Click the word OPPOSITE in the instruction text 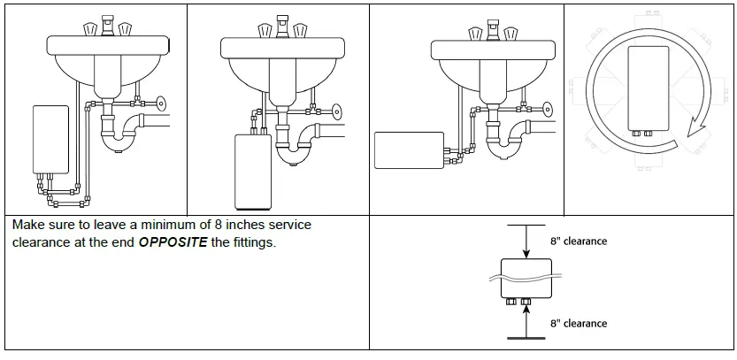pyautogui.click(x=172, y=242)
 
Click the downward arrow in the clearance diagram pyautogui.click(x=526, y=242)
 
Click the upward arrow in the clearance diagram pyautogui.click(x=526, y=322)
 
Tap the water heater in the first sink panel pyautogui.click(x=50, y=139)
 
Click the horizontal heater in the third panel pyautogui.click(x=408, y=149)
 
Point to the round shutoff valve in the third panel pyautogui.click(x=547, y=111)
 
